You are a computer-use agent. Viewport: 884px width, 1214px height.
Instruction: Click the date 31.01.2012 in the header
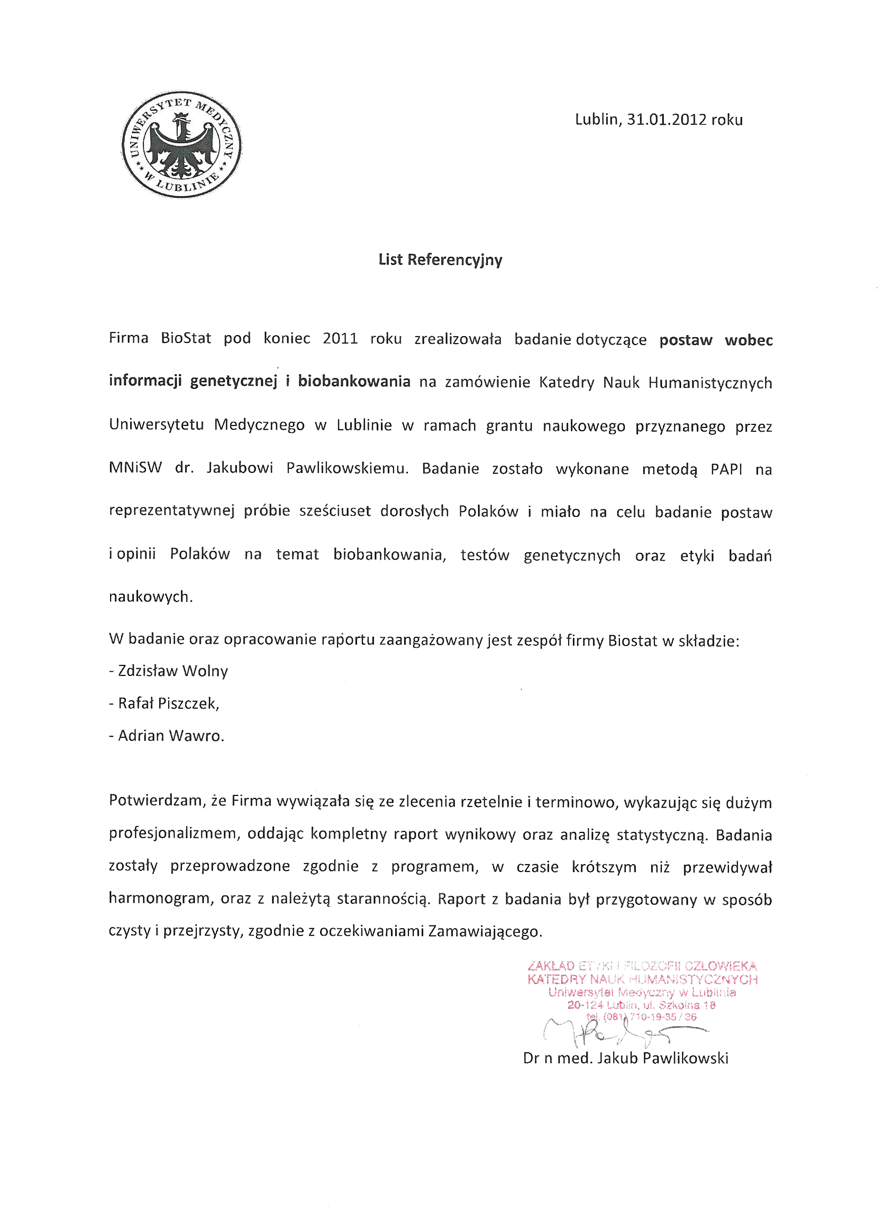(x=667, y=119)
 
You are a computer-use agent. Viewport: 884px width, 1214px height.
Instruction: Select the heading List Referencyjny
(x=440, y=260)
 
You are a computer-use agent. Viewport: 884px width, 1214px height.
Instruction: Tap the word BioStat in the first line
(x=186, y=338)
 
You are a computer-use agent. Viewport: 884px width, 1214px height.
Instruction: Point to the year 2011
(x=340, y=339)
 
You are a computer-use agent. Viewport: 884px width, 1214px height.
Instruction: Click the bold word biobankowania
(x=354, y=381)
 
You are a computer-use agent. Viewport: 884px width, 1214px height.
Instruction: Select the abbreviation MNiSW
(x=135, y=468)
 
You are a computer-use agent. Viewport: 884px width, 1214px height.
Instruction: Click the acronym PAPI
(x=726, y=469)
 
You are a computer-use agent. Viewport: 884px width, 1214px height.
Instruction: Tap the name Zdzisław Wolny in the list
(x=172, y=671)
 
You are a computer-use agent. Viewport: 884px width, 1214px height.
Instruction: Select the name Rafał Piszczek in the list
(x=168, y=703)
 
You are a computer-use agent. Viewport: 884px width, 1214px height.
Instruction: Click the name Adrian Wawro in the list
(x=170, y=736)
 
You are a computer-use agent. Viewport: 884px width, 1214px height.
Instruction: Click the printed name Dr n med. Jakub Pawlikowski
(x=625, y=1058)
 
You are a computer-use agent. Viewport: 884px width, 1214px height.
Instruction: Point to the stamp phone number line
(x=641, y=1017)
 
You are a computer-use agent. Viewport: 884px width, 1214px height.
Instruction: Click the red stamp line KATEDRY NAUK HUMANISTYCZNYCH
(x=642, y=980)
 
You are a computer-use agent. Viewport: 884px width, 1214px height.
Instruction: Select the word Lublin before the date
(x=596, y=119)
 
